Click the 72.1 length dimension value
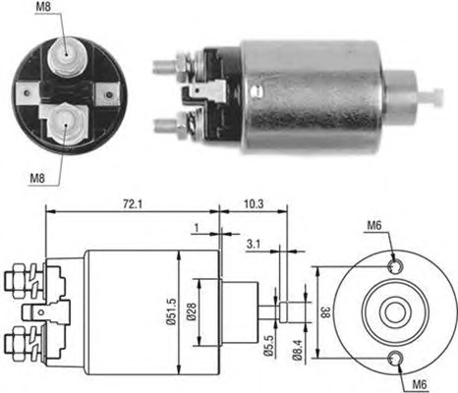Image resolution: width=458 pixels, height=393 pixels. [x=133, y=204]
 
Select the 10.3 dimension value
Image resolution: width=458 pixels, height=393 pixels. [x=254, y=204]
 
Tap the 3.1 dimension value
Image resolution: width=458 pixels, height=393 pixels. [x=254, y=244]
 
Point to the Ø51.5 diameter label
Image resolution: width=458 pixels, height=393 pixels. [x=171, y=311]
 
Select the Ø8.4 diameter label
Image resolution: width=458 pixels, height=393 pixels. [x=298, y=350]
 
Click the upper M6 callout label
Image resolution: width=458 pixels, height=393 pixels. [x=374, y=225]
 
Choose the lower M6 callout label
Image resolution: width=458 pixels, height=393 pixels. [x=419, y=384]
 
